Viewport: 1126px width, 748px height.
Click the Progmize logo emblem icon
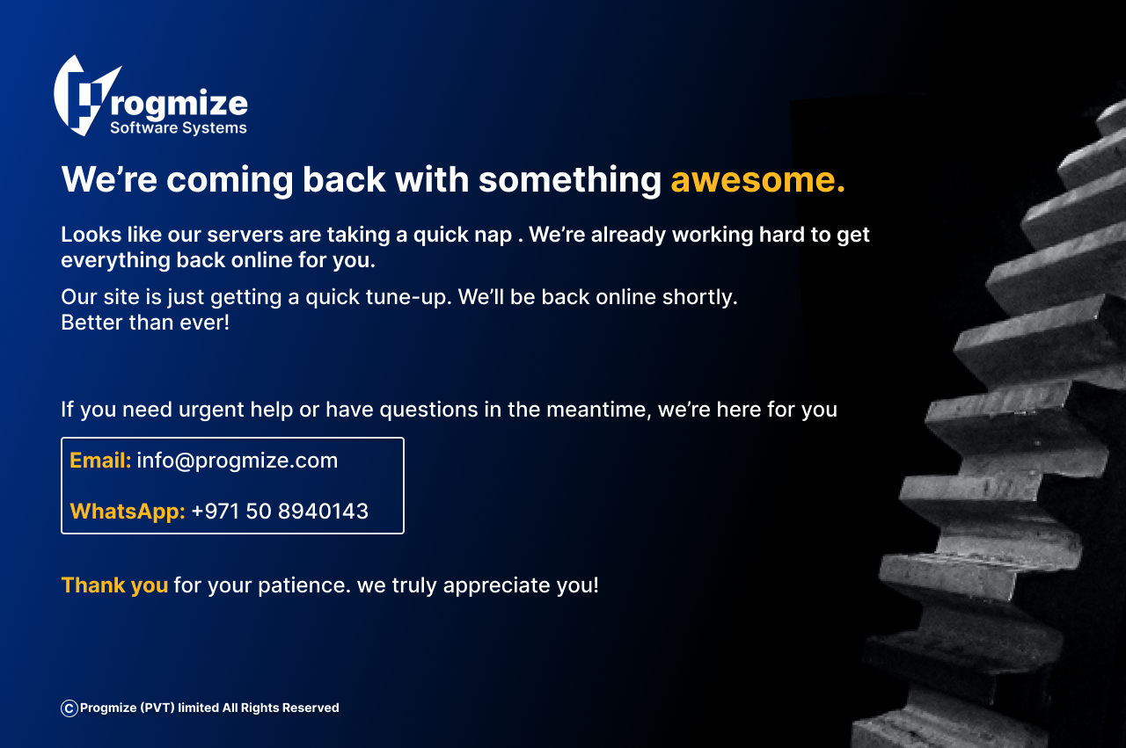[x=85, y=96]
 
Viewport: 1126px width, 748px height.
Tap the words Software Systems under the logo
[x=179, y=128]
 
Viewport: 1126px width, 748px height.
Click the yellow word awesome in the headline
[x=758, y=179]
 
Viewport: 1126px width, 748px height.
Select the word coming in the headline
[x=230, y=180]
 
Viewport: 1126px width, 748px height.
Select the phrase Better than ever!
[x=145, y=323]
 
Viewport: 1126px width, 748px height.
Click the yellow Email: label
[x=100, y=461]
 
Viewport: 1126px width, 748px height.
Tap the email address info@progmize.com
[x=238, y=461]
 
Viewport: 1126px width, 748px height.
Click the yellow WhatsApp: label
[x=128, y=512]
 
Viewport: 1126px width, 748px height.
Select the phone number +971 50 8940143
[x=280, y=512]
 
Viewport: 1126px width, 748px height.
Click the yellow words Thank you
[x=114, y=585]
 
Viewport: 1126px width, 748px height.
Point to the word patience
[x=304, y=586]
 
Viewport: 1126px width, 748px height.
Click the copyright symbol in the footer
[x=69, y=708]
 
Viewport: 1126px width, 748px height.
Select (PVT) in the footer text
[x=157, y=708]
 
